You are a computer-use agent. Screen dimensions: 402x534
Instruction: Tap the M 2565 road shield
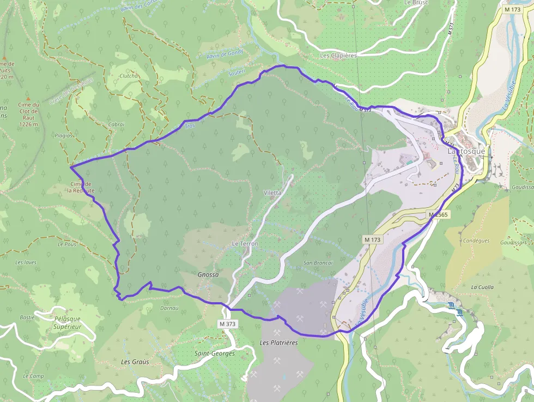pyautogui.click(x=438, y=215)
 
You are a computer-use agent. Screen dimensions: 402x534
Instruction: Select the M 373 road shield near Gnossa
pyautogui.click(x=228, y=324)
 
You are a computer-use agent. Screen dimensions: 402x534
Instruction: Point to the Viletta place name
pyautogui.click(x=272, y=193)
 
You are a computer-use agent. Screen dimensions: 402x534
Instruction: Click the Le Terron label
pyautogui.click(x=245, y=243)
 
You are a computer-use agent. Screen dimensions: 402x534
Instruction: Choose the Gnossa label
pyautogui.click(x=208, y=275)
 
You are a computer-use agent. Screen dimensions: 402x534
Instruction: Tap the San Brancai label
pyautogui.click(x=318, y=263)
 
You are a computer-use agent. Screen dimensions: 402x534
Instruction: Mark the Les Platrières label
pyautogui.click(x=279, y=343)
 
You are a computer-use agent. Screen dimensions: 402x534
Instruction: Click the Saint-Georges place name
pyautogui.click(x=215, y=353)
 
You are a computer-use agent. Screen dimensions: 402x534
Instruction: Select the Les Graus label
pyautogui.click(x=135, y=362)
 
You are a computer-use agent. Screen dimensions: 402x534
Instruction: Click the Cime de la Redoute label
pyautogui.click(x=81, y=187)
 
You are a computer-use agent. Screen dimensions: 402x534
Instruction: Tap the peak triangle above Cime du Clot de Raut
pyautogui.click(x=28, y=98)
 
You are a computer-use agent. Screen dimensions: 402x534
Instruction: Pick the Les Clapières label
pyautogui.click(x=338, y=56)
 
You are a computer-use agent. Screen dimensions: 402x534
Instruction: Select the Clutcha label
pyautogui.click(x=129, y=76)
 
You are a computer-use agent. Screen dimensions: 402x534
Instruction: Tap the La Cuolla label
pyautogui.click(x=482, y=287)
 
